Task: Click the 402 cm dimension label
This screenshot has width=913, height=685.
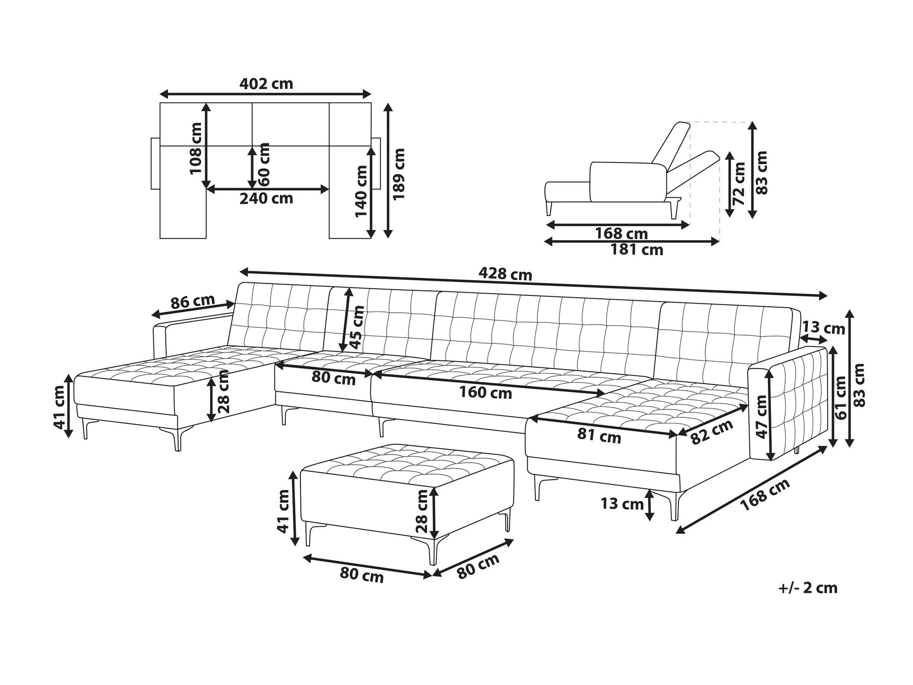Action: point(266,84)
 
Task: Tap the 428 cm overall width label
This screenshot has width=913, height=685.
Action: point(505,274)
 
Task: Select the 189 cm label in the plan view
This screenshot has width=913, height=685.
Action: point(399,174)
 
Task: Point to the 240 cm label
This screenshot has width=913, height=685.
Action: point(266,198)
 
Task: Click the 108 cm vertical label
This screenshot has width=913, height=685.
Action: point(196,148)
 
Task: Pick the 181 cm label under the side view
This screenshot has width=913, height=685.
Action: point(636,250)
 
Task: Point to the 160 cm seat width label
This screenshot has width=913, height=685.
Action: point(486,393)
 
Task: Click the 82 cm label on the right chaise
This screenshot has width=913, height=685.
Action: point(712,431)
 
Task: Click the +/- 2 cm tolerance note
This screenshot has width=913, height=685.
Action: point(808,588)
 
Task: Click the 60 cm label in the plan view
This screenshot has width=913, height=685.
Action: point(263,164)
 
